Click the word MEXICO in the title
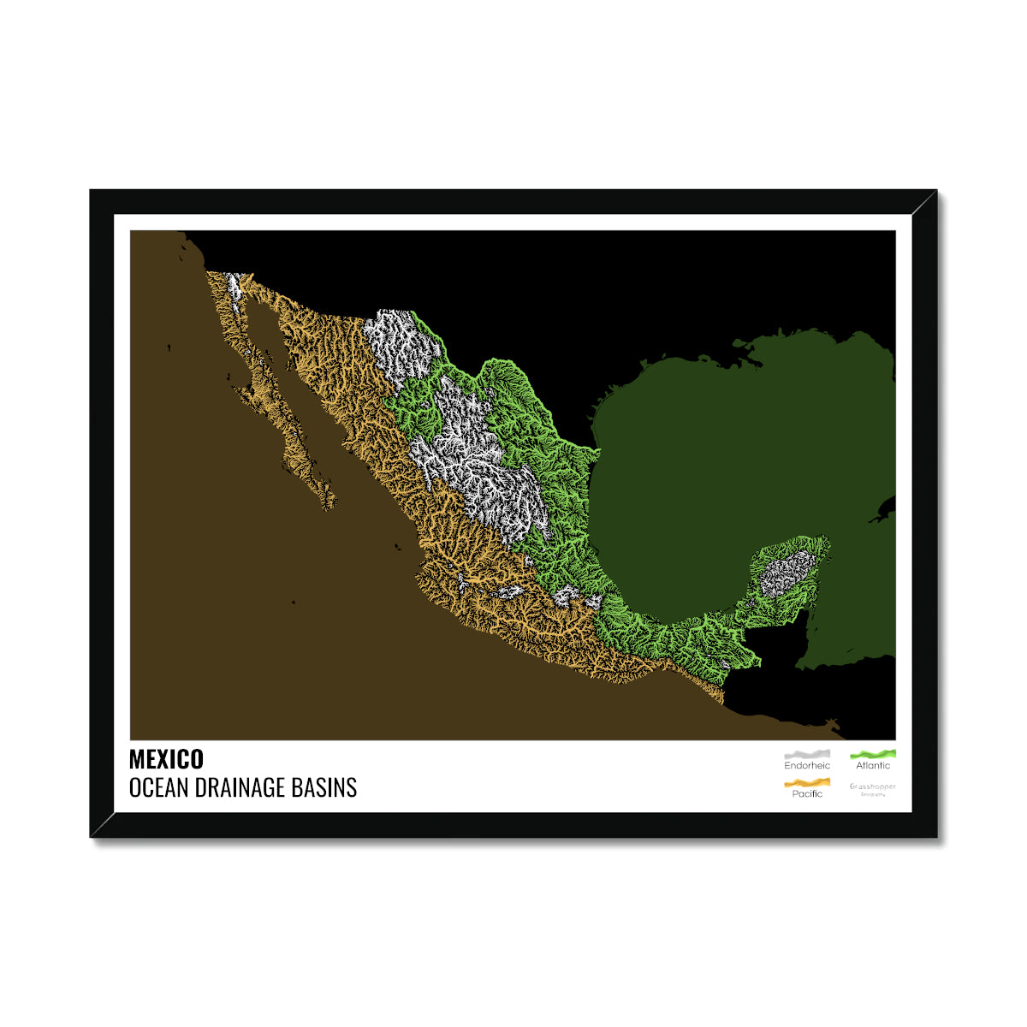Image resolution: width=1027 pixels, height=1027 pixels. point(166,759)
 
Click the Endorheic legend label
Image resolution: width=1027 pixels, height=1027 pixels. point(807,765)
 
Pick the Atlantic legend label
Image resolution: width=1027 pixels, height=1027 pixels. point(873,765)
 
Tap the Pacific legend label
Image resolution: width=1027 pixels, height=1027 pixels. point(807,793)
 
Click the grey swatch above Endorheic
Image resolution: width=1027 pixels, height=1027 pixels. point(807,754)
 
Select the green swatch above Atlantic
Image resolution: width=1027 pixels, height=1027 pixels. point(873,754)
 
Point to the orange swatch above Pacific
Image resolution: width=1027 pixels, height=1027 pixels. point(807,782)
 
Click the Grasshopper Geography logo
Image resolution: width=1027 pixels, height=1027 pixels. point(873,788)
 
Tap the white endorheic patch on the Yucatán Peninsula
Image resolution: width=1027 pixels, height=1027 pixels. point(788,573)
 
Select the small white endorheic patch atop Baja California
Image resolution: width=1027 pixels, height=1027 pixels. point(233,282)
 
